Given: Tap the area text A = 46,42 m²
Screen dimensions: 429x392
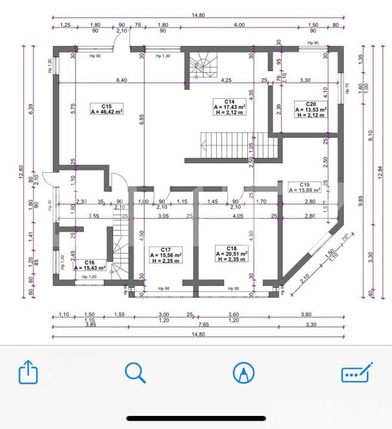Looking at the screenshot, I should (x=107, y=111).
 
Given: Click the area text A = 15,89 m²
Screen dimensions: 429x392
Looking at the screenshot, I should (x=305, y=190).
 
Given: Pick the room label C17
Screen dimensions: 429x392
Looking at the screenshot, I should (x=166, y=248).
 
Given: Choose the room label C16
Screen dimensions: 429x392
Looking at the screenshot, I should (x=89, y=262).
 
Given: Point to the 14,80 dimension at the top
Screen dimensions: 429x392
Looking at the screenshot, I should (x=197, y=15).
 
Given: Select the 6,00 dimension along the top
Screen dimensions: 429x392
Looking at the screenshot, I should (x=239, y=25).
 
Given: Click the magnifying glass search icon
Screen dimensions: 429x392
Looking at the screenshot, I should (x=135, y=373).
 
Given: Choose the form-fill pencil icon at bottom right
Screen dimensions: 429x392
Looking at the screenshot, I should (x=356, y=373).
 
